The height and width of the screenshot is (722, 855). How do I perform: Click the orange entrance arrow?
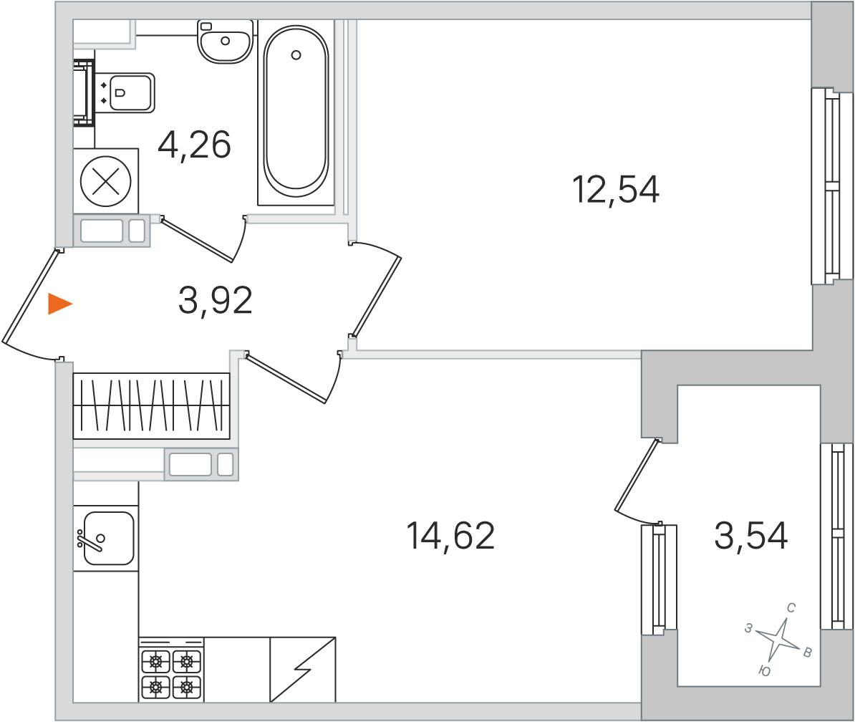tap(59, 304)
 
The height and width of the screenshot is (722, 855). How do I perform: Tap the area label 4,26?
tap(195, 145)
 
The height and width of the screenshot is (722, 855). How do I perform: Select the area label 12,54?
tap(616, 189)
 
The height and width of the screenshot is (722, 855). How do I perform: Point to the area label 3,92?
tap(216, 300)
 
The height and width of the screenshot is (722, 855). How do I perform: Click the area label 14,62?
tap(451, 536)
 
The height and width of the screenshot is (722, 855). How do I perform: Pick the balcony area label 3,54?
tap(751, 536)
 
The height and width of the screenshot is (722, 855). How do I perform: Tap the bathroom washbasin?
tap(225, 42)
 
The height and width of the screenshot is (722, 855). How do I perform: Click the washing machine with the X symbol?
tap(106, 181)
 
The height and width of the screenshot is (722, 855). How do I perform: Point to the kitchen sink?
tap(104, 538)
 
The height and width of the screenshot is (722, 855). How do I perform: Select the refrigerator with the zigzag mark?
tap(303, 670)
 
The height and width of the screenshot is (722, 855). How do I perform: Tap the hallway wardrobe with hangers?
tap(152, 405)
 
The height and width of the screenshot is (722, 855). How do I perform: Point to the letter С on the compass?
tap(791, 607)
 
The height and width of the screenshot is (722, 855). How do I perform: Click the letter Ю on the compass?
tap(765, 671)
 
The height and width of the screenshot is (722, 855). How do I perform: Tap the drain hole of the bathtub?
tap(296, 54)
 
